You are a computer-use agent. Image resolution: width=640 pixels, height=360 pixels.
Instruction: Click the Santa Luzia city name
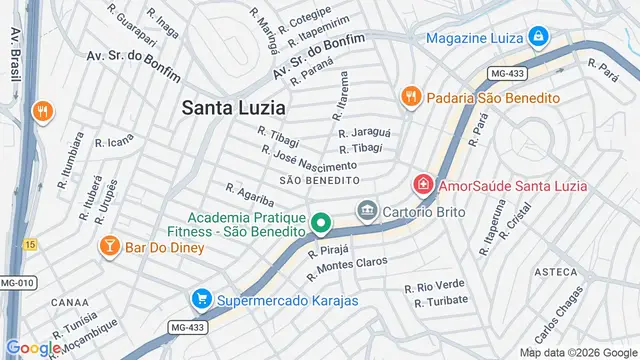[x=233, y=107]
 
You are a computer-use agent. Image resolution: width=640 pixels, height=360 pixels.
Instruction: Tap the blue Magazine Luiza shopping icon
[x=539, y=37]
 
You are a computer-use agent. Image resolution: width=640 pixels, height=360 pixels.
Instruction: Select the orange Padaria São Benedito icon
[x=409, y=97]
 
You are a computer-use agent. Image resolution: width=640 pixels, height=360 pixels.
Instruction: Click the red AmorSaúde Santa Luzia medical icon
[x=423, y=185]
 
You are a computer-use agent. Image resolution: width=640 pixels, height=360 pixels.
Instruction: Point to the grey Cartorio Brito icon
[x=367, y=211]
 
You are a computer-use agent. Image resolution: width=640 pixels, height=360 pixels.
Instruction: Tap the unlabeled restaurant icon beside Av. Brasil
[x=41, y=112]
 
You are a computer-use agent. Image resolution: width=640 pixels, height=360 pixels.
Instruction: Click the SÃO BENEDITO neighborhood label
[x=319, y=180]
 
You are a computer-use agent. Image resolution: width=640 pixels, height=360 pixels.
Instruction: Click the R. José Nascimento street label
[x=308, y=158]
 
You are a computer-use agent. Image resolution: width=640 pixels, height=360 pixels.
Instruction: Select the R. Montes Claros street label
[x=347, y=264]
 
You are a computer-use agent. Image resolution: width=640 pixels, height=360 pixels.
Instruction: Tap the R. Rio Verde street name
[x=435, y=287]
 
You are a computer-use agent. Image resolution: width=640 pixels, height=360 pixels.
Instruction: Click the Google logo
[x=34, y=347]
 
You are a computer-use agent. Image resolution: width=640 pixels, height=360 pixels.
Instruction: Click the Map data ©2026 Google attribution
[x=577, y=352]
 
